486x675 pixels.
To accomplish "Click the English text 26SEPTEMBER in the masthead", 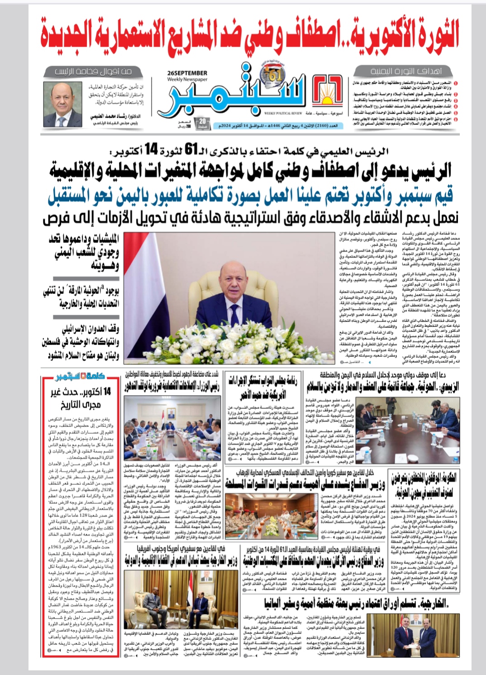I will pyautogui.click(x=187, y=72).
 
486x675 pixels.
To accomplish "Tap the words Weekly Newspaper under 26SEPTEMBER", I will pyautogui.click(x=187, y=79).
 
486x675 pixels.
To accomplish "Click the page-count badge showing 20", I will pyautogui.click(x=202, y=122).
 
